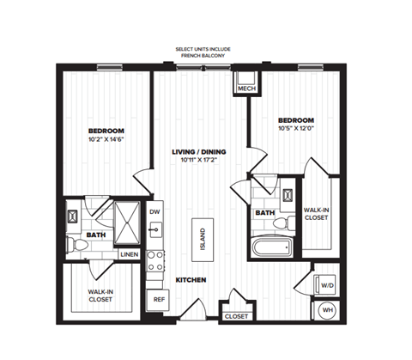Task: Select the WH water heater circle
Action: (x=327, y=310)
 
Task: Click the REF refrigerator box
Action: (x=158, y=300)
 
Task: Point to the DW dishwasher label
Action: (x=155, y=211)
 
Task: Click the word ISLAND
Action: (x=202, y=239)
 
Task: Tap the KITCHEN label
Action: (x=191, y=281)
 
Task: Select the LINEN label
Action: (x=129, y=254)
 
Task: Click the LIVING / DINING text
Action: (x=197, y=151)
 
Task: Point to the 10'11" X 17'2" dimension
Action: (x=197, y=161)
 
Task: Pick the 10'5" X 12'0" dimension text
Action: (x=295, y=130)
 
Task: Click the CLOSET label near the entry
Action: (x=236, y=316)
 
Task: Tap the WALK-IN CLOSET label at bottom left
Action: (x=103, y=296)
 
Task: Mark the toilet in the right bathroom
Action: (x=278, y=223)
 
